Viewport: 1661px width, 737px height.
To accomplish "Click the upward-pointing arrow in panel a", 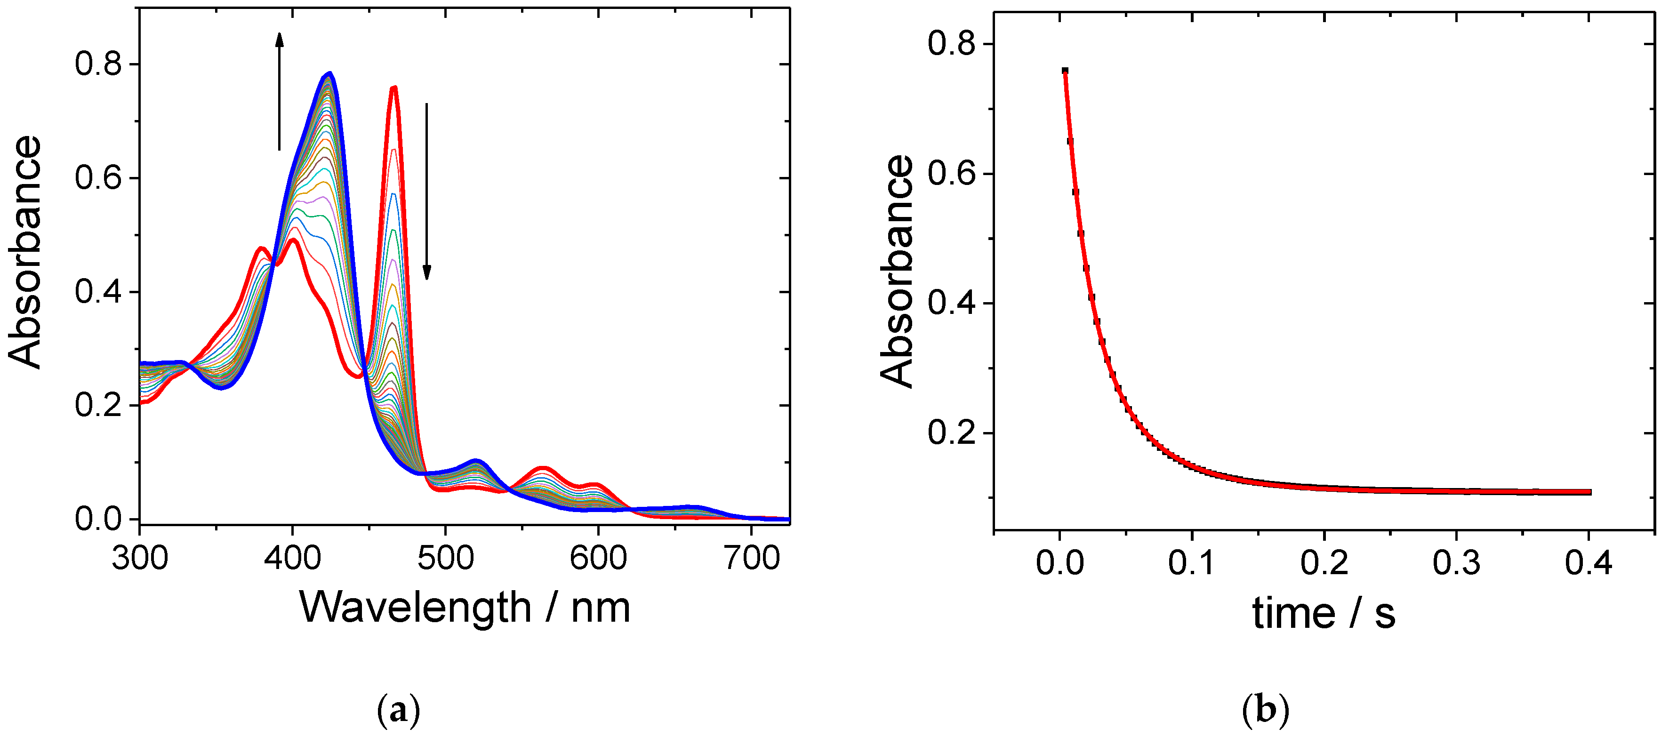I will [x=279, y=90].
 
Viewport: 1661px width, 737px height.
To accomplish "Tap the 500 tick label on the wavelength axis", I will [x=445, y=558].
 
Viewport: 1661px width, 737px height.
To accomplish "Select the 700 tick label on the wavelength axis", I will [x=752, y=558].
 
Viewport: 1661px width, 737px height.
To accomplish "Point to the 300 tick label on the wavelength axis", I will [x=140, y=558].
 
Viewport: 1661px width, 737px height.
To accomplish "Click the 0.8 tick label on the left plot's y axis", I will [x=98, y=64].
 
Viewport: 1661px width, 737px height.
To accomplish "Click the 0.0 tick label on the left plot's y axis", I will [x=98, y=519].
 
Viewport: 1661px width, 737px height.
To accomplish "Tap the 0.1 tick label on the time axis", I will [x=1192, y=563].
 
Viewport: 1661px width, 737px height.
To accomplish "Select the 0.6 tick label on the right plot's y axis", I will [x=951, y=174].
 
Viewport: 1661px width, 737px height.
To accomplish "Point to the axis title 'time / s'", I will [x=1324, y=613].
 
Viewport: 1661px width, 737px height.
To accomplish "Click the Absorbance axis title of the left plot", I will [x=24, y=251].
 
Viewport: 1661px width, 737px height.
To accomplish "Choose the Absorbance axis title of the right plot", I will [x=898, y=271].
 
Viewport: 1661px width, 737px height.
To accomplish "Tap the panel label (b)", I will [x=1265, y=711].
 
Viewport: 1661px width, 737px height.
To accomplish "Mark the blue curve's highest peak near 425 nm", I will [x=329, y=73].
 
